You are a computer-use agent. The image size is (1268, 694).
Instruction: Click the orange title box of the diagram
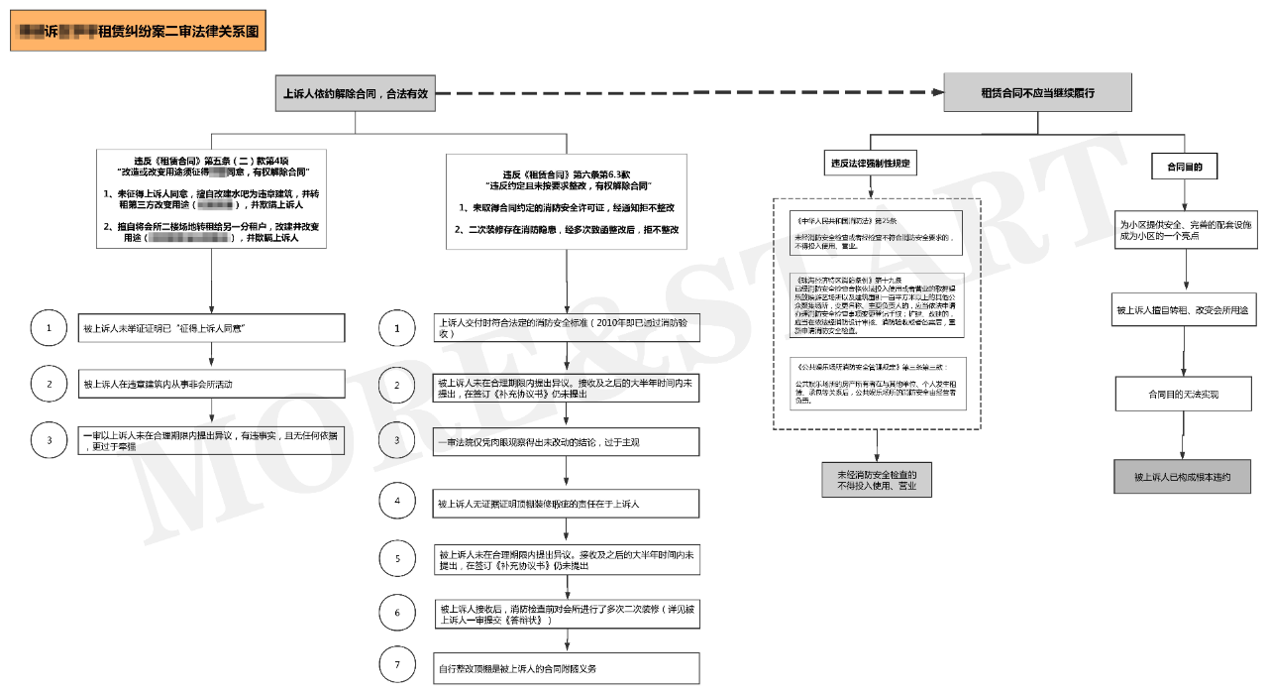pos(138,32)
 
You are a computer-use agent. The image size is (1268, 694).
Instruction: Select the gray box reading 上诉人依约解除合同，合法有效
pos(356,93)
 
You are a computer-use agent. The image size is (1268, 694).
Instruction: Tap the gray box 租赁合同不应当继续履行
pos(1037,92)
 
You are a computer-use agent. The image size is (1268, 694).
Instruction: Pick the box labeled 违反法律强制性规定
pos(870,163)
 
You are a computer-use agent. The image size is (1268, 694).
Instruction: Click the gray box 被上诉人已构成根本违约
pos(1183,477)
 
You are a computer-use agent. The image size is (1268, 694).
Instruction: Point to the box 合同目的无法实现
pos(1183,394)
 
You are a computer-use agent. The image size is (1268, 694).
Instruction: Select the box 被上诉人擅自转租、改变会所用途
pos(1183,310)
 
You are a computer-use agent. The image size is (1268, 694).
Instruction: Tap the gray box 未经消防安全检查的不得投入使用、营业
pos(877,480)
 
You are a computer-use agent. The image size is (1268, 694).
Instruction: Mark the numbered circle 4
pos(397,502)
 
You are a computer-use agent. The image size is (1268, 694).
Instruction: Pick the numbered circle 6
pos(397,613)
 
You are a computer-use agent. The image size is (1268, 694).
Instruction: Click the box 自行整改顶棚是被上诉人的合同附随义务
pos(567,668)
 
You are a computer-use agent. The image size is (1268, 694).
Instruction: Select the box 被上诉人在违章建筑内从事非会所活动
pos(212,384)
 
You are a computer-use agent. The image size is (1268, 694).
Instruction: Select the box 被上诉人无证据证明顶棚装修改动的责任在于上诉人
pos(567,504)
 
